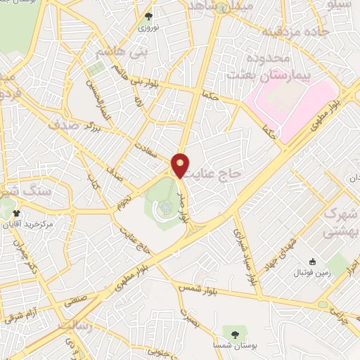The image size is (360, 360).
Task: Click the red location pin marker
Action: [x=181, y=165]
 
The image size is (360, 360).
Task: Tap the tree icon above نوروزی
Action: [x=148, y=16]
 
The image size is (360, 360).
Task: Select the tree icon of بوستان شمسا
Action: [x=233, y=331]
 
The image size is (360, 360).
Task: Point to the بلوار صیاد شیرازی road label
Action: [x=245, y=257]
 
